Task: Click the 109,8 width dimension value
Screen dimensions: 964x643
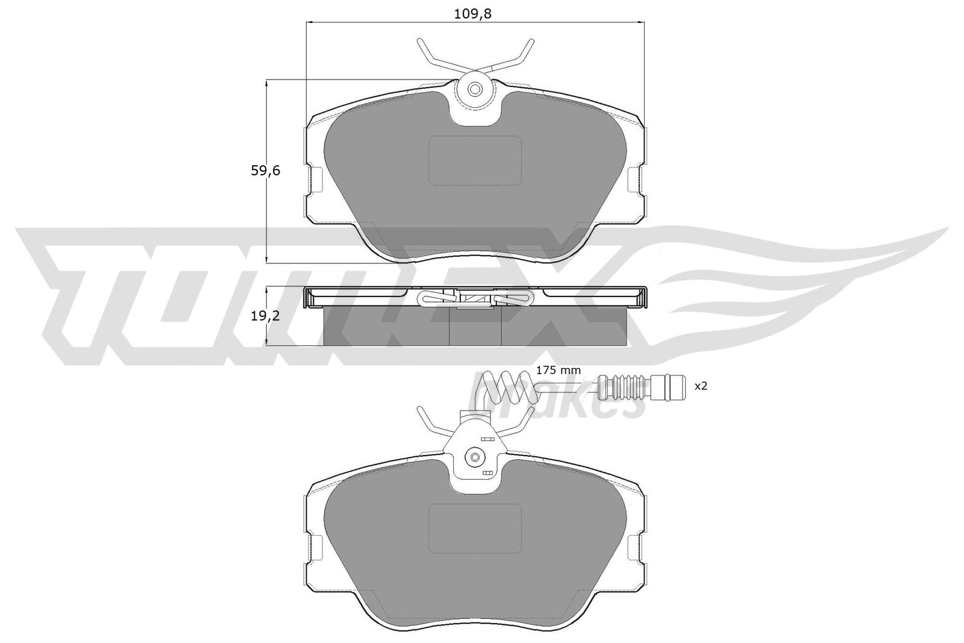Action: pos(472,14)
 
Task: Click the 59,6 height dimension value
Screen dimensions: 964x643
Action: pos(266,171)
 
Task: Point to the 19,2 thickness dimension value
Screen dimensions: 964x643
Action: pos(266,316)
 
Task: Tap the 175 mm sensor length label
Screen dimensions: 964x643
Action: pos(558,370)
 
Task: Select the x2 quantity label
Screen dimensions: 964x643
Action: pos(701,386)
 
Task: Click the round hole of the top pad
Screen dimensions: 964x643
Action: pos(475,90)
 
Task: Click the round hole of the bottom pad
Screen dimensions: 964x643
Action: pos(475,457)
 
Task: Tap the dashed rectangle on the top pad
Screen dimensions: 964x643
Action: pos(475,160)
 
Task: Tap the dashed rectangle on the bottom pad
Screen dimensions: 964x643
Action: pos(475,529)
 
